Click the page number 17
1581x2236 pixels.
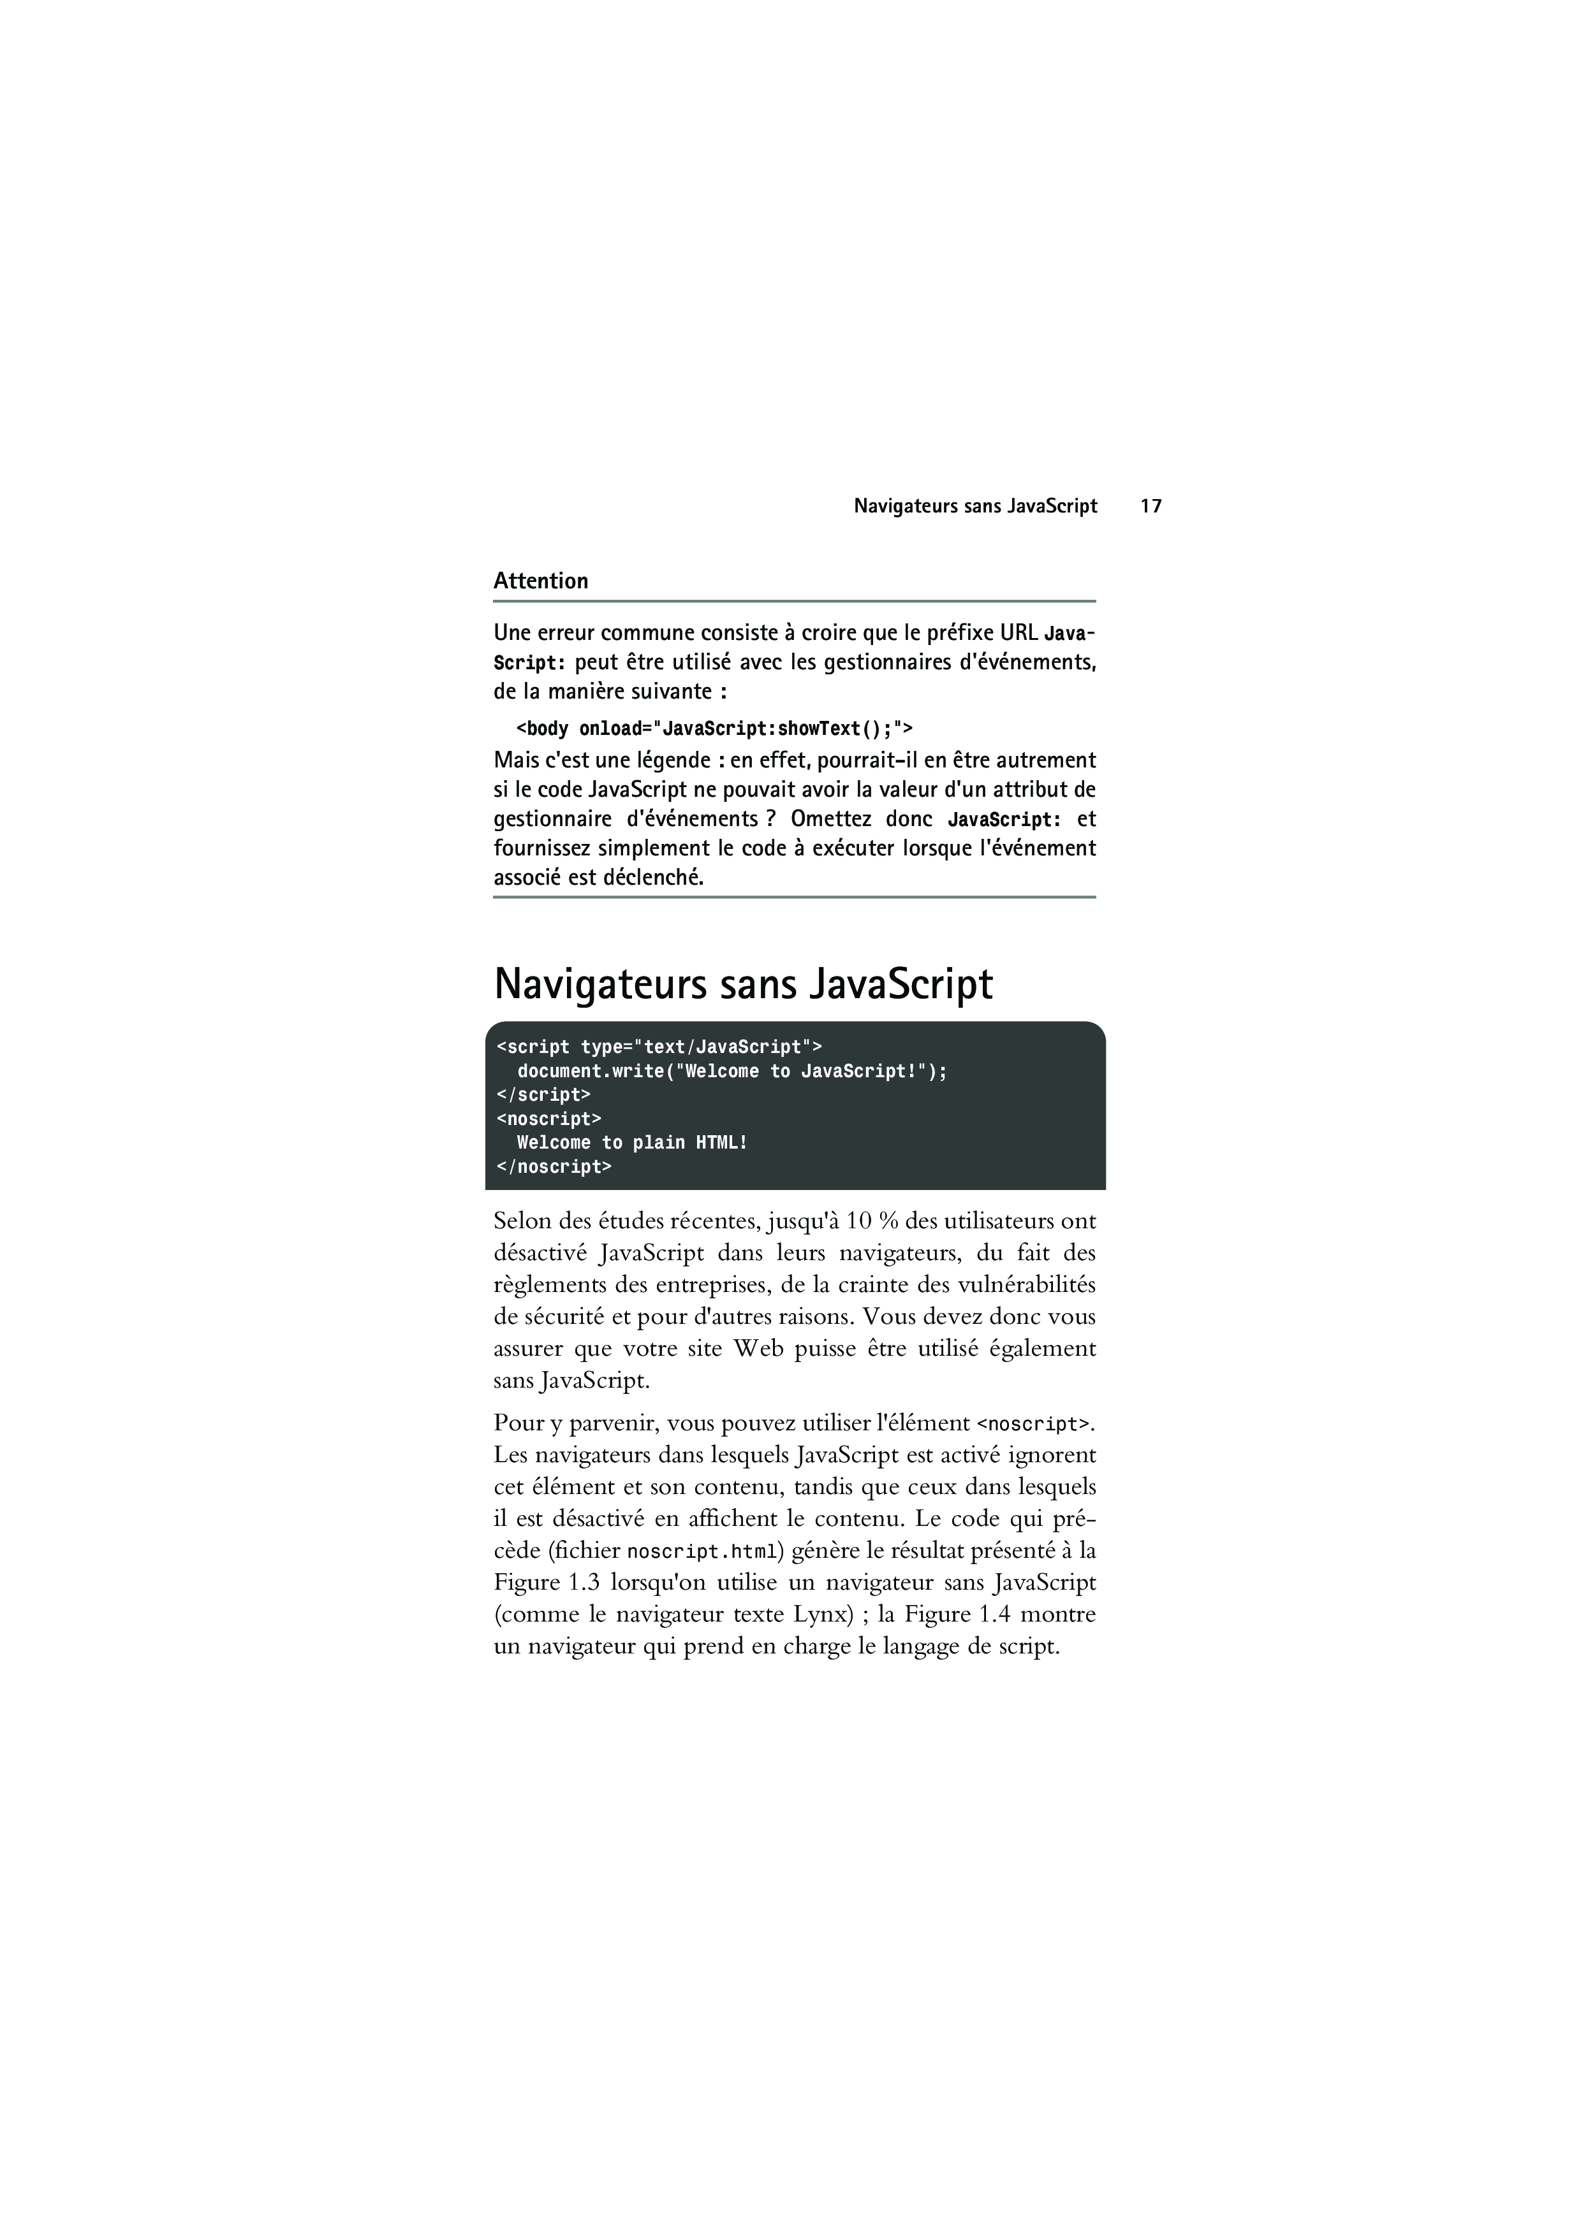click(1151, 506)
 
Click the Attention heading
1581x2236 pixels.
click(541, 581)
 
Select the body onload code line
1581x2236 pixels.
click(714, 729)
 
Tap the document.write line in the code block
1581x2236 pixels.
click(732, 1071)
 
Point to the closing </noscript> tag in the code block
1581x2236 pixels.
click(554, 1166)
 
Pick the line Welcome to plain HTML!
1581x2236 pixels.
click(632, 1142)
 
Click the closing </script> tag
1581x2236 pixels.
click(543, 1094)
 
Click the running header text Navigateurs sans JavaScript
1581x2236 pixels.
click(975, 506)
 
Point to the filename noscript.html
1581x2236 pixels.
click(702, 1551)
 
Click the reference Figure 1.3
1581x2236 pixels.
click(545, 1583)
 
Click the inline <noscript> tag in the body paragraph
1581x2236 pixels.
click(1033, 1424)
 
